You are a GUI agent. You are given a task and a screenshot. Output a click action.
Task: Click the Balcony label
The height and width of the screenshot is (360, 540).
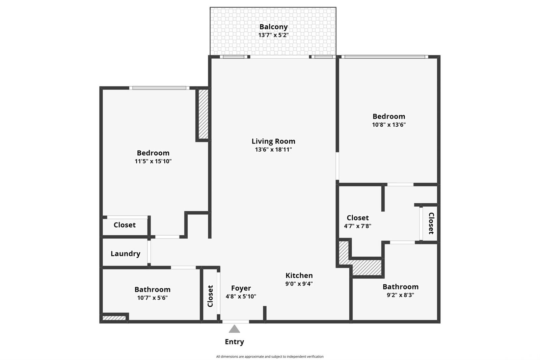click(x=273, y=27)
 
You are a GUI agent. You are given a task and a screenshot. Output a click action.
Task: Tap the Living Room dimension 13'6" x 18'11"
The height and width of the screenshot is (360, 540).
click(x=273, y=150)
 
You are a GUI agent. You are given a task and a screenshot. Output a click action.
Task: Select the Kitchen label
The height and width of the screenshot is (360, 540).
click(x=299, y=275)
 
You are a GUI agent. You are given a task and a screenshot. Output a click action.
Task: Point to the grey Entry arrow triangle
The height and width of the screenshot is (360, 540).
click(x=234, y=329)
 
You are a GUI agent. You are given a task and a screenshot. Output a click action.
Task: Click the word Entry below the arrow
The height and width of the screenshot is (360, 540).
click(x=234, y=342)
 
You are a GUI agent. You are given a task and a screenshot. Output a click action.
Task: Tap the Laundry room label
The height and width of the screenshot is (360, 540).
click(x=125, y=254)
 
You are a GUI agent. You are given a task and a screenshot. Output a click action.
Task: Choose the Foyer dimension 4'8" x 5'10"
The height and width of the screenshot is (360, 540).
click(x=241, y=296)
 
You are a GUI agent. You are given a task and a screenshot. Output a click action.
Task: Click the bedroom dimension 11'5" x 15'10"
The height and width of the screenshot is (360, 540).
click(x=153, y=161)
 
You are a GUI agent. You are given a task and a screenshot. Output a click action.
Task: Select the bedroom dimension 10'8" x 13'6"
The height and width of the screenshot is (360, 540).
click(x=389, y=125)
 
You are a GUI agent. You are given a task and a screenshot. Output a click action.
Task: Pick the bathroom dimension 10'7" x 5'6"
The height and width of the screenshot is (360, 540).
click(x=152, y=298)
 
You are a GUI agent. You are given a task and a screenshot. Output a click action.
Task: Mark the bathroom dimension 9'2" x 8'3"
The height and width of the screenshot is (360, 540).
click(x=400, y=295)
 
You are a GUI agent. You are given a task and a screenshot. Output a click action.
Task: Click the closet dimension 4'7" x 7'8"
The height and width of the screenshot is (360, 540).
click(x=357, y=226)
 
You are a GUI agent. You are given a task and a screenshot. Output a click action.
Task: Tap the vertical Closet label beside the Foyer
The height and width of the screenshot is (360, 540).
click(x=210, y=296)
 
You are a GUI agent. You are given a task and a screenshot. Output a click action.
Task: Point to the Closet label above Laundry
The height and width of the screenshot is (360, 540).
click(x=125, y=225)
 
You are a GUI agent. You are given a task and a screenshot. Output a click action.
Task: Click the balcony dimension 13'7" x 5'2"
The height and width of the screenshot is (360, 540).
click(x=273, y=35)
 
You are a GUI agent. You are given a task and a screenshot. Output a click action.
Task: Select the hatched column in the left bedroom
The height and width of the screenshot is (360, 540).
click(x=203, y=114)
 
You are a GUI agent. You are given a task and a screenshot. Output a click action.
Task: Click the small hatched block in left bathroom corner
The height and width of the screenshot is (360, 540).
click(x=114, y=318)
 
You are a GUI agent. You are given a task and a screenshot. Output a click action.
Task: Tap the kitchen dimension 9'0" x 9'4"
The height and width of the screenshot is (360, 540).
click(x=299, y=284)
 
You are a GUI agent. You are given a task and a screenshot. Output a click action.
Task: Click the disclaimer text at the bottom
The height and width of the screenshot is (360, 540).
click(x=270, y=357)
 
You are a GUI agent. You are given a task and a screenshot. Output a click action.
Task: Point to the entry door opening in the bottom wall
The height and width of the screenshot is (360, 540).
click(x=236, y=322)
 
